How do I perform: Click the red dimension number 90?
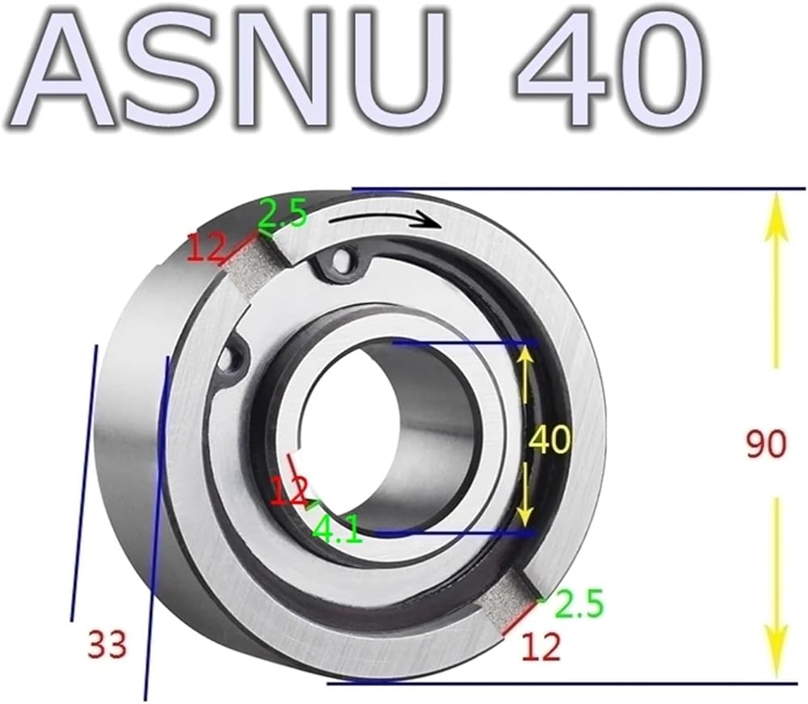767,445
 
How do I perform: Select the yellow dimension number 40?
550,440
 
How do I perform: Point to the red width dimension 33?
107,644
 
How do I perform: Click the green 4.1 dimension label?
338,530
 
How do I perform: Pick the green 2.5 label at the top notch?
282,213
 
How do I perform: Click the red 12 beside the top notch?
206,248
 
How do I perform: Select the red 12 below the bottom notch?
541,647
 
